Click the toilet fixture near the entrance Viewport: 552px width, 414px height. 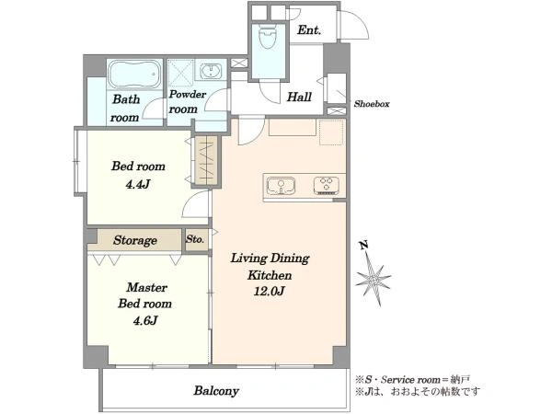(269, 37)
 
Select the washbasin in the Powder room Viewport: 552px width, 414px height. (211, 72)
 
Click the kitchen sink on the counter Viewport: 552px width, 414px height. (281, 186)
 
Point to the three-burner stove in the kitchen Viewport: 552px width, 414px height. (327, 186)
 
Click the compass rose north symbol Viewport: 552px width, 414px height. (373, 276)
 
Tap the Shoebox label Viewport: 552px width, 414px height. (372, 104)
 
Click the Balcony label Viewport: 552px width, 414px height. (216, 391)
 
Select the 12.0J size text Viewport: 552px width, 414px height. (269, 291)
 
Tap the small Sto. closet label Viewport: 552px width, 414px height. (195, 240)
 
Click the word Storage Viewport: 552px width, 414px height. (135, 240)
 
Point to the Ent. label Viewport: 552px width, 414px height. (309, 30)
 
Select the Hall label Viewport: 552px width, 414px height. (299, 97)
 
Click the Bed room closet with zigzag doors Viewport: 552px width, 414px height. (206, 160)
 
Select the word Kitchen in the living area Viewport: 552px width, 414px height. (270, 275)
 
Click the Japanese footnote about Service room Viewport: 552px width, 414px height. (412, 379)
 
